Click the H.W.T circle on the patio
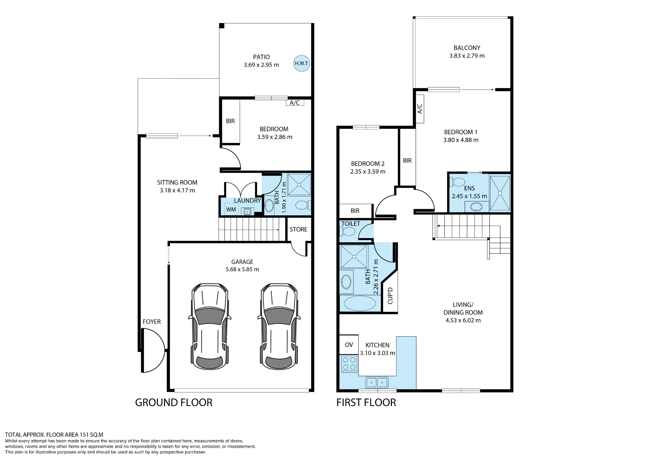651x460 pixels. (301, 63)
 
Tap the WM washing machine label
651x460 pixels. (231, 210)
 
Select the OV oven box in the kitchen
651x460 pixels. (349, 345)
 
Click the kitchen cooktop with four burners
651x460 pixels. (349, 364)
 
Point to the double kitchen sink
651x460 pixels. (377, 382)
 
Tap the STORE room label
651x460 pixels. (298, 229)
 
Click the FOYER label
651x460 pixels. (152, 321)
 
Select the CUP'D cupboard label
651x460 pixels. (390, 296)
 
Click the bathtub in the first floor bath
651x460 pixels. (360, 304)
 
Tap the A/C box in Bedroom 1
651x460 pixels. (420, 109)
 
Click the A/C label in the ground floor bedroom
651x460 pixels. (295, 102)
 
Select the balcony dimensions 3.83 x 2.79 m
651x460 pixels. (467, 56)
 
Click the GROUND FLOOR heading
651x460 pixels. (174, 402)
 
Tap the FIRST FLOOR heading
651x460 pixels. (366, 402)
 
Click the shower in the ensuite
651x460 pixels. (500, 193)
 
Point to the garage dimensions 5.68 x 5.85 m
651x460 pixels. (242, 269)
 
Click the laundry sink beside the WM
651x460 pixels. (247, 211)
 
